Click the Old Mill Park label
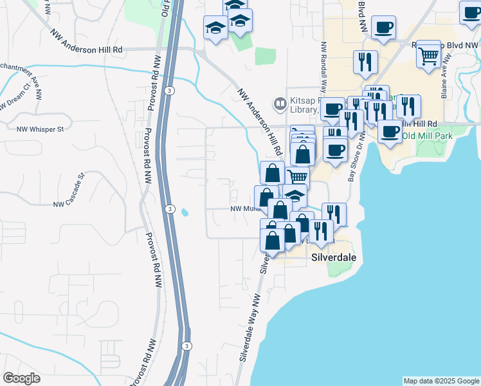point(427,136)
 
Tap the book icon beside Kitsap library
point(280,103)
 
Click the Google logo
point(21,378)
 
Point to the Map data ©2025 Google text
point(440,381)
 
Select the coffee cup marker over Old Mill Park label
point(389,131)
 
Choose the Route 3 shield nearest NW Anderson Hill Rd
point(168,91)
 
